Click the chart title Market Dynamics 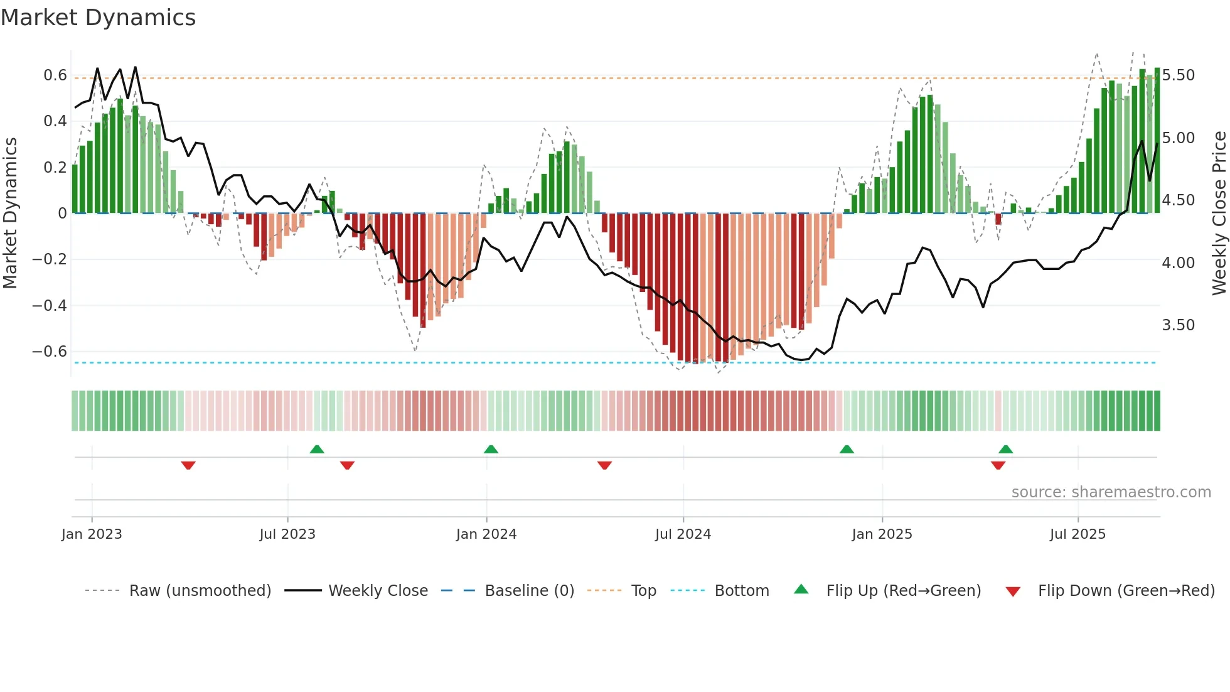[x=98, y=18]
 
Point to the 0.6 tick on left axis [x=55, y=75]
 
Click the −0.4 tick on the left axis [x=50, y=306]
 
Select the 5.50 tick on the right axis [x=1178, y=75]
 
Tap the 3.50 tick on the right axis [x=1178, y=325]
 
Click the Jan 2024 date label [x=486, y=534]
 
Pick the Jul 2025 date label [x=1078, y=534]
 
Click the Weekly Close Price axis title [x=1219, y=214]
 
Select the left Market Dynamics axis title [x=10, y=214]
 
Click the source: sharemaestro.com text [x=1111, y=492]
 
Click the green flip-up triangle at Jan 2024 [x=491, y=449]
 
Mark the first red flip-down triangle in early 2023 [x=188, y=465]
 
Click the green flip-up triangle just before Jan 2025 [x=847, y=449]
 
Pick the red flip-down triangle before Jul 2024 [x=604, y=465]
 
